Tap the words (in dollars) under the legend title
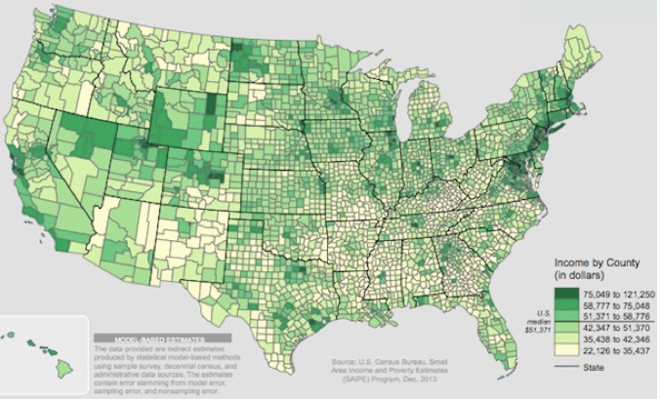click(x=580, y=276)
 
